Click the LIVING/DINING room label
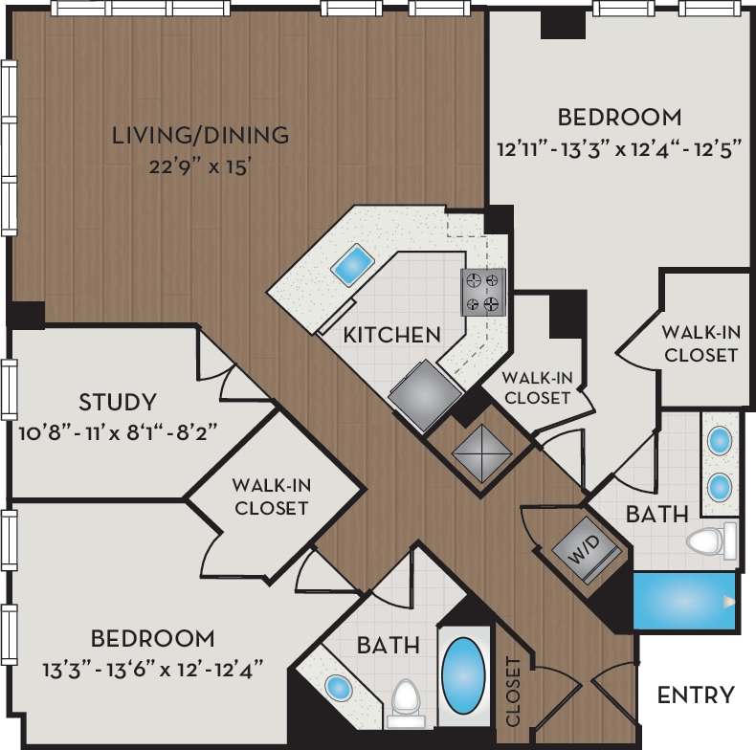coord(200,135)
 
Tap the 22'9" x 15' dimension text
coord(200,166)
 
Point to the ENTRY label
coord(696,695)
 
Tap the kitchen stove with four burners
coord(483,292)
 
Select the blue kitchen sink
coord(352,264)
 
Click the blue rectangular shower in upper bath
coord(684,601)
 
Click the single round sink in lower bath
coord(337,687)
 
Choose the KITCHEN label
coord(391,335)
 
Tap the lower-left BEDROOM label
coord(152,638)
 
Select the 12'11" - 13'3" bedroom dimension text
coord(619,150)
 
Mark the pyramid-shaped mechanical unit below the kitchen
coord(479,448)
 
